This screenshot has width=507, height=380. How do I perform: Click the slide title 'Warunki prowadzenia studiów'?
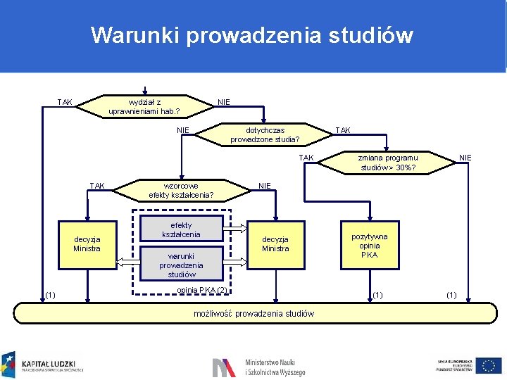[x=251, y=34]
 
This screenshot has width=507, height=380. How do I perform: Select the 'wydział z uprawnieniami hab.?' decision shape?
[x=144, y=107]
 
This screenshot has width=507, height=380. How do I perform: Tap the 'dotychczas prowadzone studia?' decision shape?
[x=265, y=134]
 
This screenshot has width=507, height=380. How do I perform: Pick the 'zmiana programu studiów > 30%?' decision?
[x=388, y=163]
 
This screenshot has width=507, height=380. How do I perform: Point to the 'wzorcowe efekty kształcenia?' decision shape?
[x=181, y=190]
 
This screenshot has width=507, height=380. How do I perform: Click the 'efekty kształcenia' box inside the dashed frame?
[x=181, y=229]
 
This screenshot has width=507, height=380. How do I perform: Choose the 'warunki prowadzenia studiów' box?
[x=181, y=265]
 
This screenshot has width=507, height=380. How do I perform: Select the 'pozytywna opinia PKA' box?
[x=369, y=246]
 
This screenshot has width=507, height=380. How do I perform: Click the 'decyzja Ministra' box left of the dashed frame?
[x=87, y=243]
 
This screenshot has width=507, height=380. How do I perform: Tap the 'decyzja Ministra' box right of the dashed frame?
[x=275, y=243]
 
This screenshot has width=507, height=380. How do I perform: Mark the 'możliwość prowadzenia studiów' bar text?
[x=254, y=313]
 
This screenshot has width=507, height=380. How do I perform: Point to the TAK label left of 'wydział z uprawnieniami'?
[x=65, y=103]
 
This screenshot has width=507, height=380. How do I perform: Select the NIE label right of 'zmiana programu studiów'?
[x=465, y=158]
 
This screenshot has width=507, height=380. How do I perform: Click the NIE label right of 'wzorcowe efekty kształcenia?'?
[x=265, y=186]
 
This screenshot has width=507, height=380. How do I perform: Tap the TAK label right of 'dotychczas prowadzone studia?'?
[x=343, y=130]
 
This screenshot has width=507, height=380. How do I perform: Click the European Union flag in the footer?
[x=487, y=366]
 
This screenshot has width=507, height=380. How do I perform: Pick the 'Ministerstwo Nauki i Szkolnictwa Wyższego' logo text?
[x=275, y=366]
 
